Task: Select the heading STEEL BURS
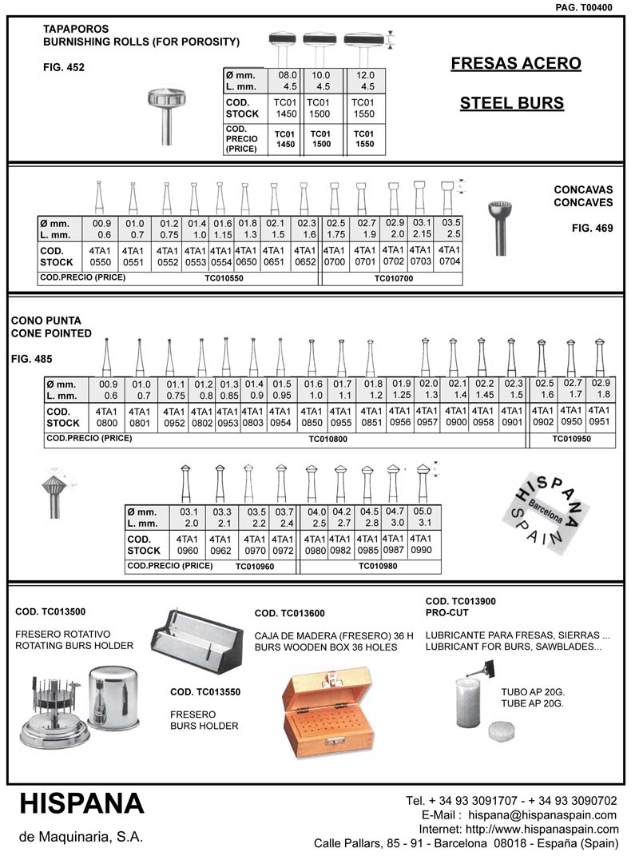coord(512,103)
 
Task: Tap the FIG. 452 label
coord(64,68)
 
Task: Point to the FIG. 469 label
coord(592,228)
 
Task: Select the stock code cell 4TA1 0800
coord(106,417)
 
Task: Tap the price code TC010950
coord(572,440)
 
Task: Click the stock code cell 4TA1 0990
coord(423,544)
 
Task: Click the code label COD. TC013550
coord(205,692)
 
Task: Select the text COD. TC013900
coord(462,601)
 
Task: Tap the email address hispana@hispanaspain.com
coord(542,814)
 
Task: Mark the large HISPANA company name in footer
coord(81,803)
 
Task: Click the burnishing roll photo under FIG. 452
coord(166,114)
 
